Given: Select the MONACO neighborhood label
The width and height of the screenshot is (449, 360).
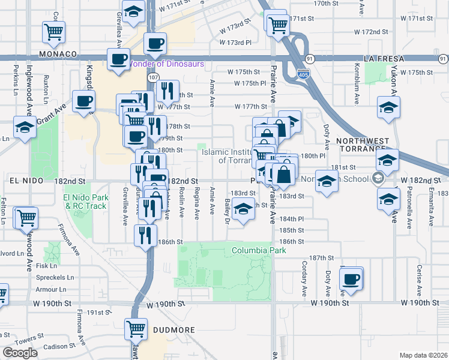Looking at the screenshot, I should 58,54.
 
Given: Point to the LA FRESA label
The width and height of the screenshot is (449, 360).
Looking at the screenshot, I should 384,59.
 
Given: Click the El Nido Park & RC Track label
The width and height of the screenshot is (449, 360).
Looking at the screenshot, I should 85,202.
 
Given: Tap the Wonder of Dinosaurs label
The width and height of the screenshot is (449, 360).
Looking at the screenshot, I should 168,64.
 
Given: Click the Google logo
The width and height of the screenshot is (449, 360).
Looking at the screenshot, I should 20,353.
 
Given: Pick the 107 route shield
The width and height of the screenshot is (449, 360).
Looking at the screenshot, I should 154,77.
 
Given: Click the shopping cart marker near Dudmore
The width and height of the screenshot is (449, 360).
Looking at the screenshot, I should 136,328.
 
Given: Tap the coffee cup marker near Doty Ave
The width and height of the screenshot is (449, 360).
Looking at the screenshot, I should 351,278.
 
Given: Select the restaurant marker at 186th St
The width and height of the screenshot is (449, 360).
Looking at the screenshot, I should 145,234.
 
